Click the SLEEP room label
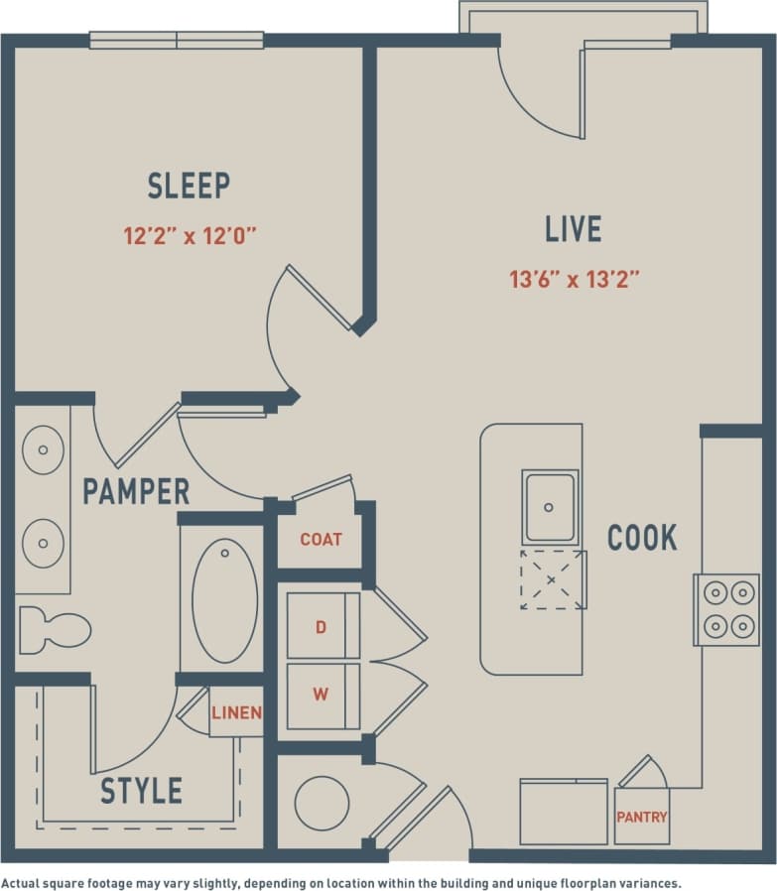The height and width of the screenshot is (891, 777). click(x=189, y=186)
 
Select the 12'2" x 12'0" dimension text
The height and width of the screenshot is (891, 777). click(x=190, y=236)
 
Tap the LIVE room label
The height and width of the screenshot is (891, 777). click(x=573, y=229)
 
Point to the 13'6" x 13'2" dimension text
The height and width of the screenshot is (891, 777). click(x=574, y=280)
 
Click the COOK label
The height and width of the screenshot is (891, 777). click(x=642, y=538)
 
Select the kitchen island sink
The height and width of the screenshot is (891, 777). click(x=550, y=506)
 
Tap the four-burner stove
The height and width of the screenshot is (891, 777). click(x=725, y=609)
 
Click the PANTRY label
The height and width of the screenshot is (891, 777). click(x=642, y=818)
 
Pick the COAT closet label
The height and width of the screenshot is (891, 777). click(x=321, y=539)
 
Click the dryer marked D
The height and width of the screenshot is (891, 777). click(x=321, y=627)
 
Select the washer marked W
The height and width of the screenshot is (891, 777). click(x=321, y=695)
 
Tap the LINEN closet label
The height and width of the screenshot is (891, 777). click(x=236, y=712)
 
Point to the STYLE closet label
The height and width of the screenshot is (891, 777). click(x=142, y=791)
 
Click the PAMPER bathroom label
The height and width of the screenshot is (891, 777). click(x=136, y=491)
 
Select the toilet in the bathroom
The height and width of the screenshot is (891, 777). click(x=55, y=630)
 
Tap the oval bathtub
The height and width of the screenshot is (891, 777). click(x=224, y=600)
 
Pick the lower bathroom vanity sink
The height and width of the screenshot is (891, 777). click(x=43, y=544)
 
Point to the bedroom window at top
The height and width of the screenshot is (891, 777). click(x=177, y=41)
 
